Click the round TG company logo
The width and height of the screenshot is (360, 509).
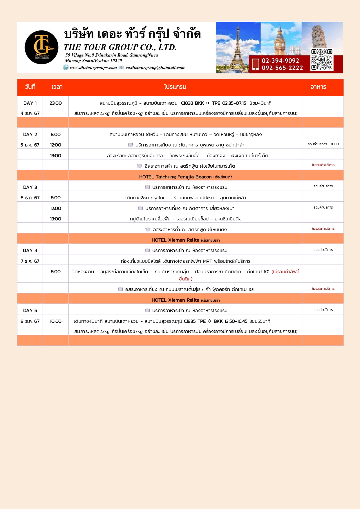(41, 47)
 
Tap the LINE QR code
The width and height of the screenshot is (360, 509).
(322, 59)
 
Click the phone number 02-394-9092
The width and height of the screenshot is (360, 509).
(280, 61)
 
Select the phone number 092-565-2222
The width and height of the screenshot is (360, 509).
(282, 68)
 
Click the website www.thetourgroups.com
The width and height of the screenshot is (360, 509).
(93, 68)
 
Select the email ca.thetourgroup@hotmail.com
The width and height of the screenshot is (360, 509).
(155, 68)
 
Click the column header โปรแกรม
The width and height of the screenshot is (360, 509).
(175, 87)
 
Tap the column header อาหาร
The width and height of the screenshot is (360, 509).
(318, 87)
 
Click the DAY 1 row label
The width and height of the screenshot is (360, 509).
(30, 103)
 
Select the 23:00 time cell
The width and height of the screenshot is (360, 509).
(56, 103)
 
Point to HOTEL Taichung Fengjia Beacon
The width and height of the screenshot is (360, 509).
(175, 177)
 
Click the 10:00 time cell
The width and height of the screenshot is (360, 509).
(56, 321)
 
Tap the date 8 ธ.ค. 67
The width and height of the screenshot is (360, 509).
(30, 321)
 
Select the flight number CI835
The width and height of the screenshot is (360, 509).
(190, 321)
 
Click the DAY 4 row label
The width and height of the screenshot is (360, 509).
(30, 251)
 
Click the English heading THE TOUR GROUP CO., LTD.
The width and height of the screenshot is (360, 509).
(120, 47)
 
